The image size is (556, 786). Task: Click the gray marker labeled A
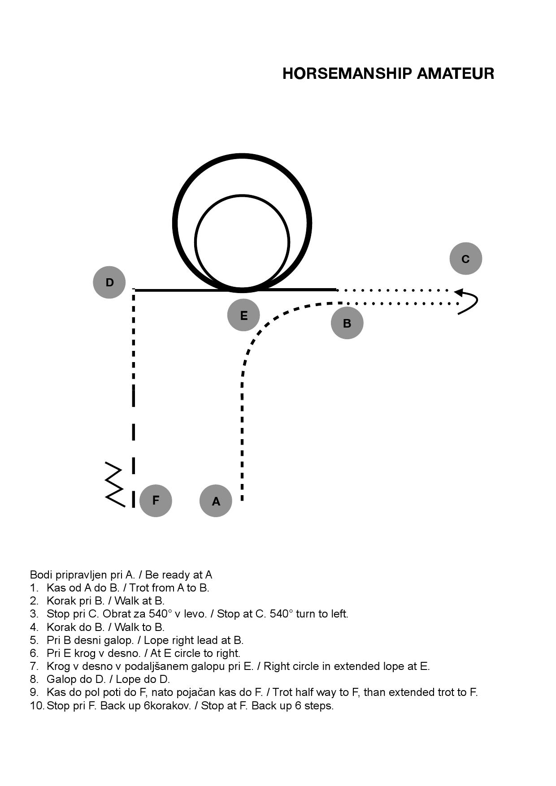click(x=216, y=501)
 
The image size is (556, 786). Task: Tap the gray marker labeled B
click(x=347, y=323)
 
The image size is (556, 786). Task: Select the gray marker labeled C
click(x=466, y=259)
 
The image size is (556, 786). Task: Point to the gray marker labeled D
click(x=109, y=282)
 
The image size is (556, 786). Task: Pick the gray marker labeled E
click(x=243, y=315)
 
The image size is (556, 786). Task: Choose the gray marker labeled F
click(x=156, y=500)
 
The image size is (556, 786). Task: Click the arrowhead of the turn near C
click(x=458, y=292)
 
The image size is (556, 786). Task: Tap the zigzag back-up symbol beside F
click(x=114, y=484)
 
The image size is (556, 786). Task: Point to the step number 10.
click(x=37, y=706)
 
